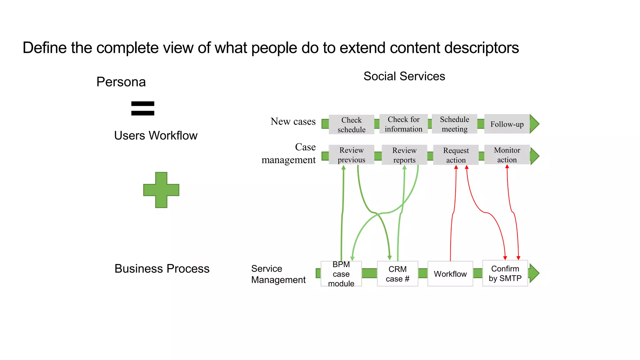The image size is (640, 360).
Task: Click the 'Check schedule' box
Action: [351, 125]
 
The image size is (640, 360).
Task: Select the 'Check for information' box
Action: [403, 124]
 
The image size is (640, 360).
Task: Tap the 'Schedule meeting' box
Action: [454, 124]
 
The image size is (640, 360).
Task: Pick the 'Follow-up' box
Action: [507, 124]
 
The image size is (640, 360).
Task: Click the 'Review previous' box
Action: [351, 155]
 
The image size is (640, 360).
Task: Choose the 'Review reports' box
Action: [404, 155]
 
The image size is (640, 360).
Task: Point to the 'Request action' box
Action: [456, 155]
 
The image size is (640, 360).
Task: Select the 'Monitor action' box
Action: [507, 155]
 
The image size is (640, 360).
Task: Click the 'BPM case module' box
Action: [341, 274]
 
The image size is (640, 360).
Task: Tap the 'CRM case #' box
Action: [397, 274]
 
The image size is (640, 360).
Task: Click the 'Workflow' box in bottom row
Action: [450, 274]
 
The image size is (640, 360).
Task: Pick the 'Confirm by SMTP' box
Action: [505, 273]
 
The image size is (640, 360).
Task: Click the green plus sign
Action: [161, 190]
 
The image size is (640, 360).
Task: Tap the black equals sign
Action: [143, 108]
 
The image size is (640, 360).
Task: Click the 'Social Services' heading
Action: [404, 76]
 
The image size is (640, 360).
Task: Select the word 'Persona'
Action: [121, 82]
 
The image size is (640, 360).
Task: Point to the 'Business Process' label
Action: [162, 269]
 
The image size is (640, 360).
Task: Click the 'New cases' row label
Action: [293, 121]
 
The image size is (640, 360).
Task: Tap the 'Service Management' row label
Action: [278, 274]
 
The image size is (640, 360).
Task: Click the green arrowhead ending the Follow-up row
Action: [534, 124]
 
